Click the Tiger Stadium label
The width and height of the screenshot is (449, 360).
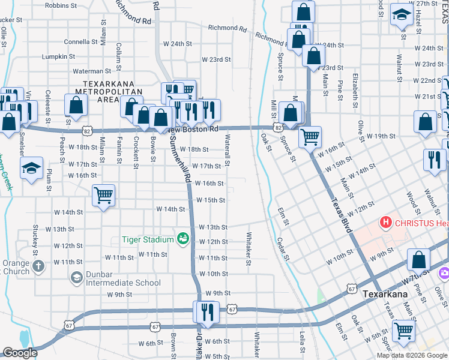pyautogui.click(x=148, y=240)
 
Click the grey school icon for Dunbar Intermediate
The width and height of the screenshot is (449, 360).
pyautogui.click(x=77, y=277)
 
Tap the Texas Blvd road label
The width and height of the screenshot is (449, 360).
pyautogui.click(x=340, y=218)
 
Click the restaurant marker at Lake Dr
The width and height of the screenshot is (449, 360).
pyautogui.click(x=205, y=312)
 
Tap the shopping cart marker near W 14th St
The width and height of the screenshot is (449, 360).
pyautogui.click(x=103, y=196)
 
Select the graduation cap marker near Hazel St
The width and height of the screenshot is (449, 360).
pyautogui.click(x=400, y=15)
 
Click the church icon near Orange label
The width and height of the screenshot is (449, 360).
pyautogui.click(x=37, y=266)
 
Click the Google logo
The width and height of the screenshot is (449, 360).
pyautogui.click(x=20, y=353)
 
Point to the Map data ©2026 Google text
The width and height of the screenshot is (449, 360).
pyautogui.click(x=412, y=355)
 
